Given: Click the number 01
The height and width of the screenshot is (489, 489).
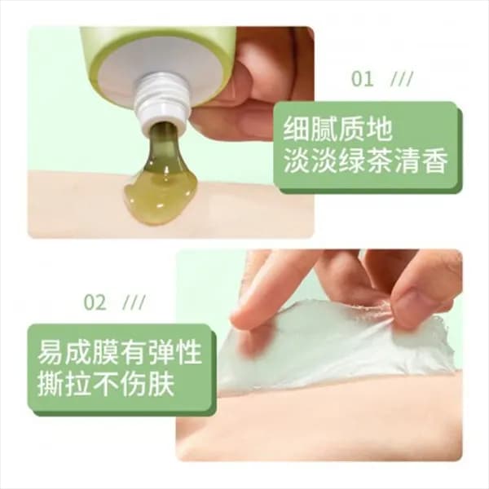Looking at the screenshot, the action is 362,79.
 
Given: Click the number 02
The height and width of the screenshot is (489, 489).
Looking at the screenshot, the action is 95,302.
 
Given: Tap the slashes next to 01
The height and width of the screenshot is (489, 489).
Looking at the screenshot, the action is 402,79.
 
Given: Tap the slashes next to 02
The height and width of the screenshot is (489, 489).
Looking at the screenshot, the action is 134,302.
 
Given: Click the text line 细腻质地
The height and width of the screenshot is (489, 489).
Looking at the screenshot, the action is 337,129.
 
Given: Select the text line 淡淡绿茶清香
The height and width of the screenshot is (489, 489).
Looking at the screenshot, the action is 366,161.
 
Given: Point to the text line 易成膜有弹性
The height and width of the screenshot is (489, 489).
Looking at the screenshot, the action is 120,352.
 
